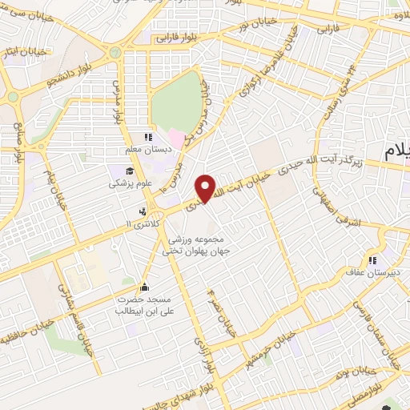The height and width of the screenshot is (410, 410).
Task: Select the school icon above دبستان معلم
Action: pyautogui.click(x=147, y=138)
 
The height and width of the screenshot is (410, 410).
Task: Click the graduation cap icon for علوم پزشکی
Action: pyautogui.click(x=130, y=171)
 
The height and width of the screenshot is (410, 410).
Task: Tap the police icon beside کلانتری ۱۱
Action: pyautogui.click(x=143, y=212)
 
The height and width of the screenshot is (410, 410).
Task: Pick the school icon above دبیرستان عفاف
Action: pyautogui.click(x=372, y=260)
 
